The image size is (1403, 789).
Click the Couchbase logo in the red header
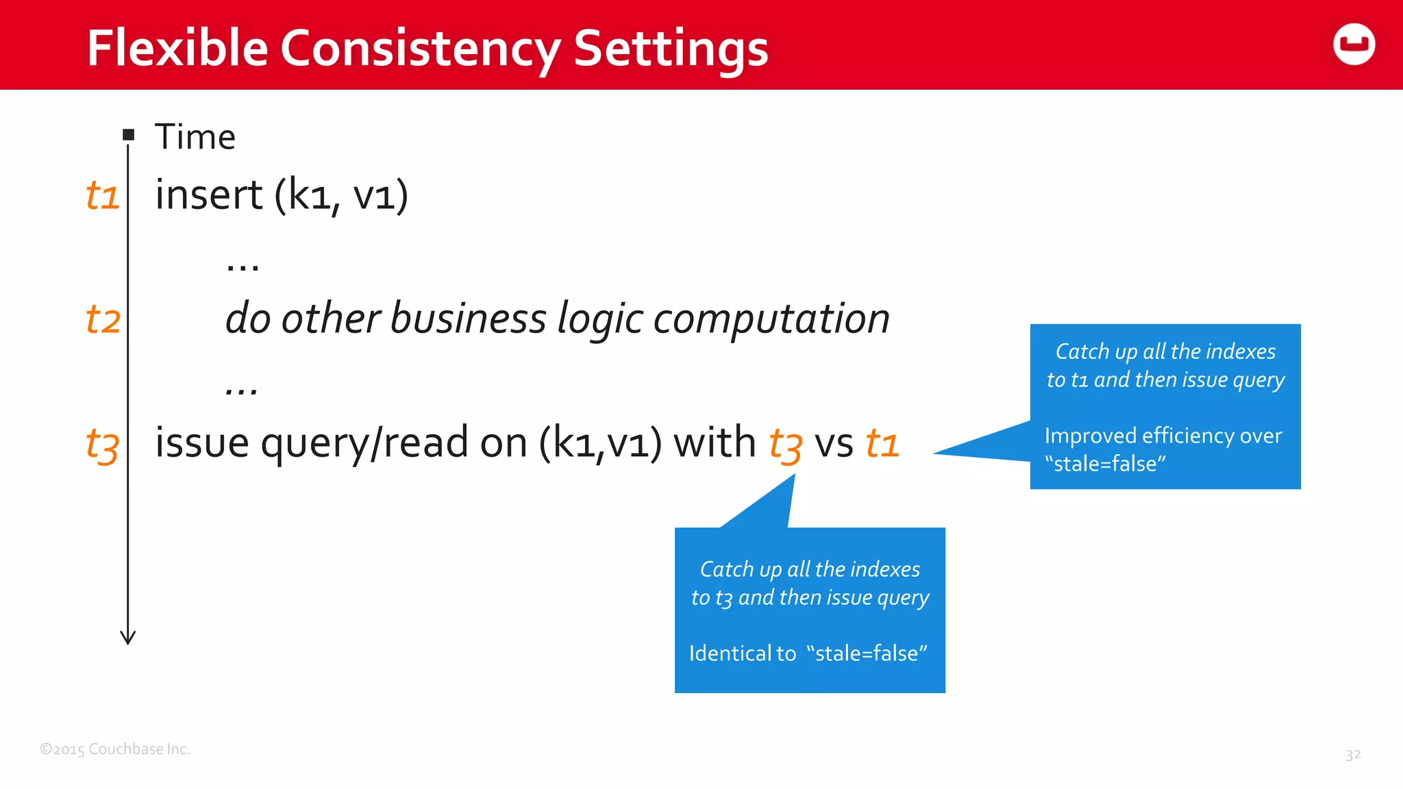[x=1354, y=45]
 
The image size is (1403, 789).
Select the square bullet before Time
[x=129, y=135]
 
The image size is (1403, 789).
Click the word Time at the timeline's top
[x=195, y=137]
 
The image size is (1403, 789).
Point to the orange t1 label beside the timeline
[x=102, y=195]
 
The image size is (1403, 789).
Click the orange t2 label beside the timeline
[x=103, y=320]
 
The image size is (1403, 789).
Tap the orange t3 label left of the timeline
[x=102, y=445]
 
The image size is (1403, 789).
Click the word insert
[x=208, y=195]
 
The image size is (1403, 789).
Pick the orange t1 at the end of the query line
[x=882, y=443]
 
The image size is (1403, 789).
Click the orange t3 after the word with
[x=785, y=445]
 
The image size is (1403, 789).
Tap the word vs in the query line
[x=834, y=443]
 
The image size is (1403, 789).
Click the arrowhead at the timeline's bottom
[x=128, y=638]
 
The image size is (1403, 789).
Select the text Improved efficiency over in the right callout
[x=1163, y=436]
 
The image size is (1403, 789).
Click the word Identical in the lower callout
[x=730, y=653]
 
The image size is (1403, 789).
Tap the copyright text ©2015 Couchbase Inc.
[x=115, y=749]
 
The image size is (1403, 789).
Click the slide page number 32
[x=1352, y=755]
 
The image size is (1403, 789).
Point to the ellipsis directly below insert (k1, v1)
[x=243, y=266]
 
